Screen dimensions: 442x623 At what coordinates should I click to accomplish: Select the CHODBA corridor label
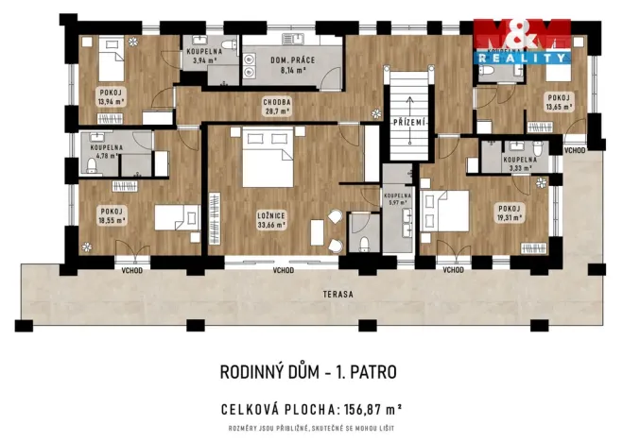(277, 100)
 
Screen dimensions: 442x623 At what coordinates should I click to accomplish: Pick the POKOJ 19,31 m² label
(511, 214)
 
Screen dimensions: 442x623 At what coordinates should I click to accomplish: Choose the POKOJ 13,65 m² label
(559, 102)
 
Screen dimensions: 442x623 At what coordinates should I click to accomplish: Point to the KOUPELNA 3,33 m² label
(519, 164)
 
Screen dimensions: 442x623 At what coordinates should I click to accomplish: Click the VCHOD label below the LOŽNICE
(283, 270)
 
